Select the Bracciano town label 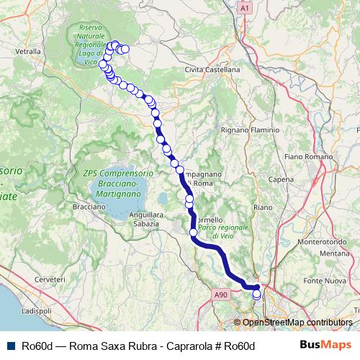coord(90,207)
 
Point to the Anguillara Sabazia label coord(145,219)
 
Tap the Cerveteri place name coord(50,279)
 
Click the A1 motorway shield coord(245,7)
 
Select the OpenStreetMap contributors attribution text coord(297,322)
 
